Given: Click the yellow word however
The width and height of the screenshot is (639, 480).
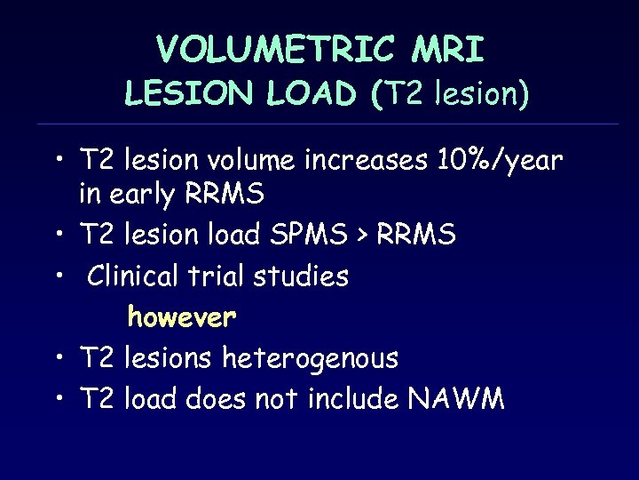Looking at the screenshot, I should (x=182, y=316).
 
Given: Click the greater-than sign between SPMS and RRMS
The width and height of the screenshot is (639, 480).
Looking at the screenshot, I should (x=367, y=236).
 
